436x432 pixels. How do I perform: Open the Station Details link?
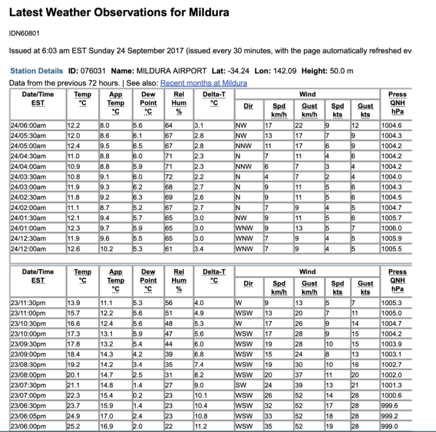pos(36,71)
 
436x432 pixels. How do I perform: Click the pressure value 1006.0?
pos(400,229)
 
